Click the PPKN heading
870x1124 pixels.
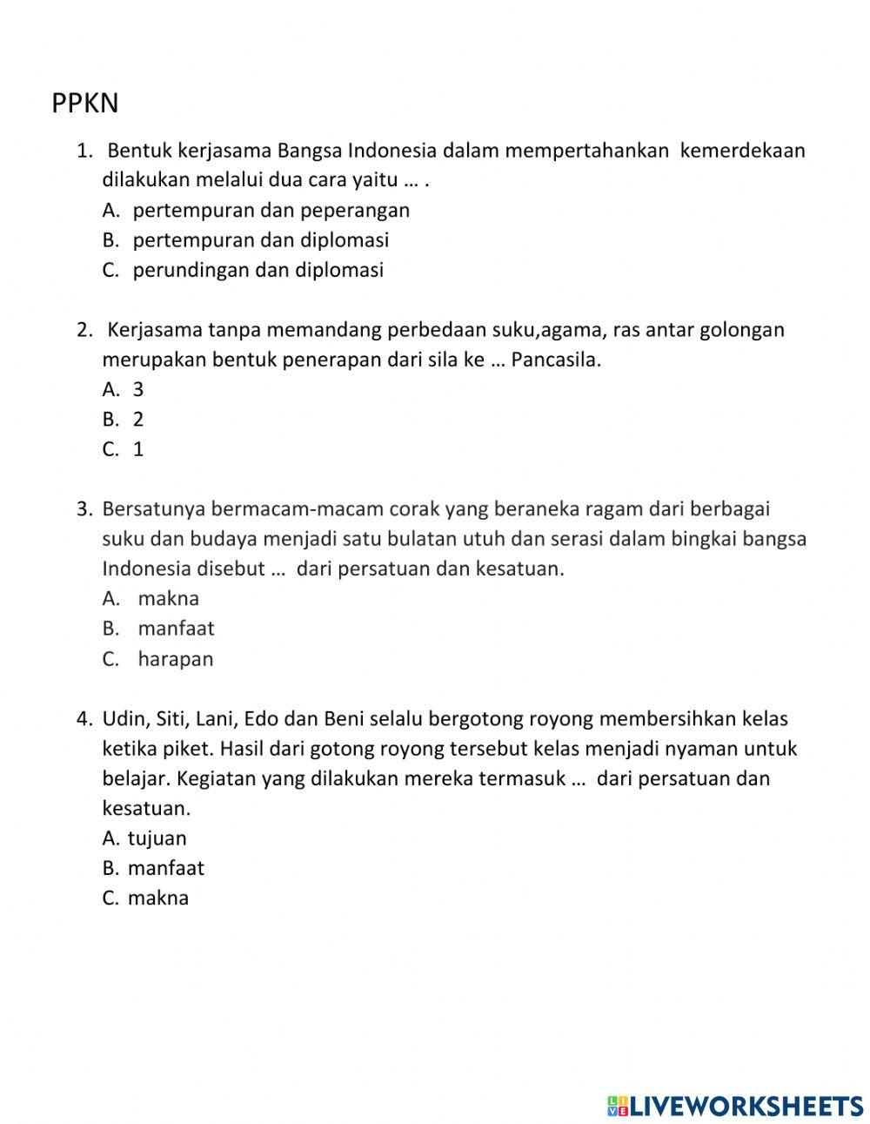click(x=84, y=104)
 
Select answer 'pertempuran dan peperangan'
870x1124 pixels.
click(x=271, y=210)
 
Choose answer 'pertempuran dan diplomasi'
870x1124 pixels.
click(x=260, y=239)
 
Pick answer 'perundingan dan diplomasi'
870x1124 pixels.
click(x=258, y=270)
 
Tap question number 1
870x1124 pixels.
click(x=84, y=151)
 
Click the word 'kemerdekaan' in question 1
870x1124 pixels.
click(x=742, y=151)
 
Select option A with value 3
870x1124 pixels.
click(x=137, y=389)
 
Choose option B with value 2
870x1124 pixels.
click(x=137, y=420)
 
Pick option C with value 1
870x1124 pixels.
click(x=137, y=449)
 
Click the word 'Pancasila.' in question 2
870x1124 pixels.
click(x=556, y=360)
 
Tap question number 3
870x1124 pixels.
click(x=84, y=508)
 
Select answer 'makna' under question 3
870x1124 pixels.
click(x=168, y=598)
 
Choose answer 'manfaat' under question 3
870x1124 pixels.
click(x=176, y=629)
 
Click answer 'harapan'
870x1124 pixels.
click(x=175, y=659)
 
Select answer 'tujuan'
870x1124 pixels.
click(x=157, y=838)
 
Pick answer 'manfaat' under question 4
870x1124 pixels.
click(x=165, y=868)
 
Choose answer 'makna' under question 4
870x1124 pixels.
click(x=157, y=898)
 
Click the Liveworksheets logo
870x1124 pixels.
click(x=735, y=1106)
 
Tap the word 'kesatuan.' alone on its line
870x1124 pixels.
click(x=146, y=808)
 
